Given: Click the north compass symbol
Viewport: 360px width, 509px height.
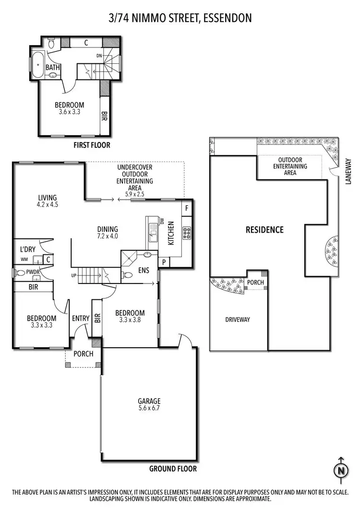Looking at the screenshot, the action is tap(341, 470).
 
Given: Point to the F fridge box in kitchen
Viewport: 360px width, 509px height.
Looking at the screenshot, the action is tap(186, 208).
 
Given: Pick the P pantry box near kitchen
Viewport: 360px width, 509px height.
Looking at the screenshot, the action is tap(164, 262).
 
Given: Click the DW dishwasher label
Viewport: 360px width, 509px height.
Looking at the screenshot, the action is tap(162, 221).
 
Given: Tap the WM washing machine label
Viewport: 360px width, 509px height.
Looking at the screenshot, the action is tap(24, 260).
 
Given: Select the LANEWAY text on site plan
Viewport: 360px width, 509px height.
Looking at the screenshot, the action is tap(349, 171).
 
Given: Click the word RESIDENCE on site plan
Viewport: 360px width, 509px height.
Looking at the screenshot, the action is tap(264, 230).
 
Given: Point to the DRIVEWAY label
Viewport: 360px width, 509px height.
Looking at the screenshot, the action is tap(238, 320).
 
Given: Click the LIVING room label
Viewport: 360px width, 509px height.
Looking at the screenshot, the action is tap(48, 197).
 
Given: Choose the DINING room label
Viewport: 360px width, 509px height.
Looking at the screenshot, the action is tap(107, 229).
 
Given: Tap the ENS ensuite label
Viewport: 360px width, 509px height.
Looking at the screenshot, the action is tap(144, 271).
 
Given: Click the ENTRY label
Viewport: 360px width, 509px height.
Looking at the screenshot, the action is tap(81, 318).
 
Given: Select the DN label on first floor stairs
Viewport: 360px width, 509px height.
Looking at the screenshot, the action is tap(99, 56).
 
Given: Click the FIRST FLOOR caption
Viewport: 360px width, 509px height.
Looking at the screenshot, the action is tap(92, 145).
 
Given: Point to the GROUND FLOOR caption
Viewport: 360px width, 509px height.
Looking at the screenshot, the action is tap(173, 469).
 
